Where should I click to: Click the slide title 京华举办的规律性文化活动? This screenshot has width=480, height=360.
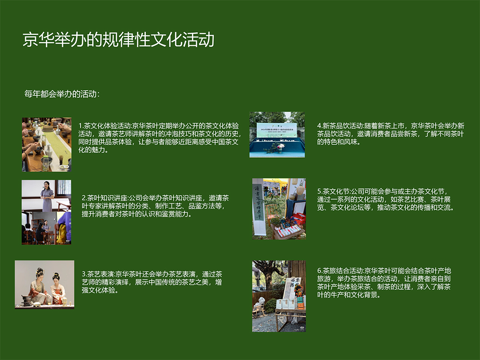coord(119,40)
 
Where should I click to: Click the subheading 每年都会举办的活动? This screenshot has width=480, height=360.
coord(62,94)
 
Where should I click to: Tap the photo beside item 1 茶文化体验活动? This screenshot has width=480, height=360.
coord(47,144)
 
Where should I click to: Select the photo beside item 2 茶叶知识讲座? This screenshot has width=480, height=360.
coord(46,212)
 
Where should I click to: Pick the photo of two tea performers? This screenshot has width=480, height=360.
coord(44,284)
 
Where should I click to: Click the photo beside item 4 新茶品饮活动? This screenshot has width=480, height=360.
coord(277,135)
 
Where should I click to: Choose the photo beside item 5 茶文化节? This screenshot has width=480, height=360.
coord(279,209)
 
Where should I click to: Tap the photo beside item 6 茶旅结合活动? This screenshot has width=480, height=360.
coord(279,296)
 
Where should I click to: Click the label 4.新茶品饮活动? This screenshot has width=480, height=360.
coord(340,126)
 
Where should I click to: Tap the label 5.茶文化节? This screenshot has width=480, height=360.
coord(333,191)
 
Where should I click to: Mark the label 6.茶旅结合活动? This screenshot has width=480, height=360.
coord(340,271)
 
